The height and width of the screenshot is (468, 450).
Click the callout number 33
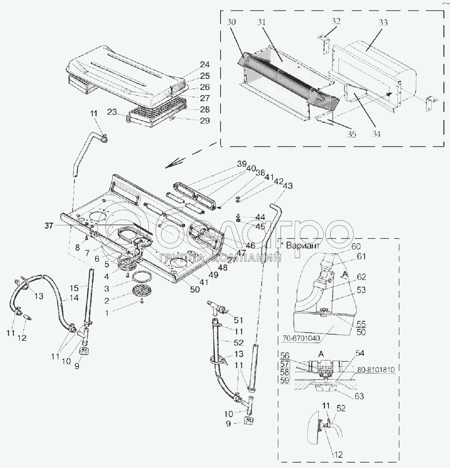[x=383, y=22]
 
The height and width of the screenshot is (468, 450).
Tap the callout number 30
[x=231, y=22]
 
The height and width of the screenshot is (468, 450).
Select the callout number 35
[x=351, y=135]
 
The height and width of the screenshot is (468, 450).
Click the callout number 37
[x=48, y=226]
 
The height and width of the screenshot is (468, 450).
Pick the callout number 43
[x=288, y=186]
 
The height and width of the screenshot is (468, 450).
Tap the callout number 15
[x=74, y=288]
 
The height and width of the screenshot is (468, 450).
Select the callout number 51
[x=238, y=320]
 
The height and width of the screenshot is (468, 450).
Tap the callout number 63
[x=360, y=396]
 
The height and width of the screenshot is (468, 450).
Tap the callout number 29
[x=205, y=121]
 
